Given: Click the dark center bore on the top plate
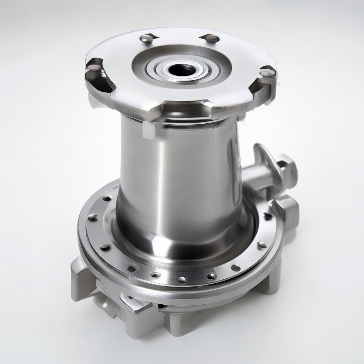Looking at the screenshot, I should click(x=182, y=70).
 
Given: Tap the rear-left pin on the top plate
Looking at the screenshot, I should click(x=146, y=38).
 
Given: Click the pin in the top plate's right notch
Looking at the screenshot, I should click(x=267, y=72).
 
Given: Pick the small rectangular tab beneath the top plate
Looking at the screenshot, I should click(x=149, y=130).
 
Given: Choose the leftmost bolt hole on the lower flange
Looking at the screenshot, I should click(x=92, y=218).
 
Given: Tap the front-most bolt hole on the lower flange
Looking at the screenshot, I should click(x=183, y=279).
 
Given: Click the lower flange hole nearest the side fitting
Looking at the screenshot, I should click(x=267, y=216).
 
